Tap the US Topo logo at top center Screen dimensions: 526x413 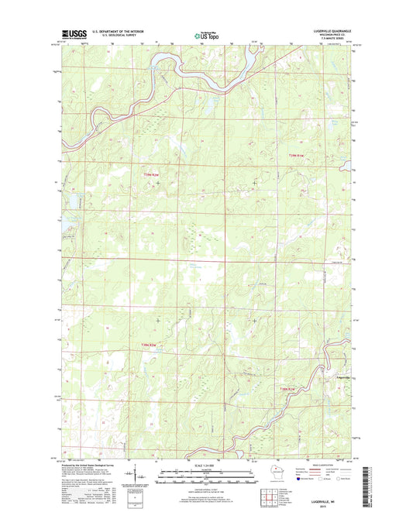click(x=206, y=34)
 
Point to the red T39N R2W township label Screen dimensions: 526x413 click(x=152, y=174)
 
